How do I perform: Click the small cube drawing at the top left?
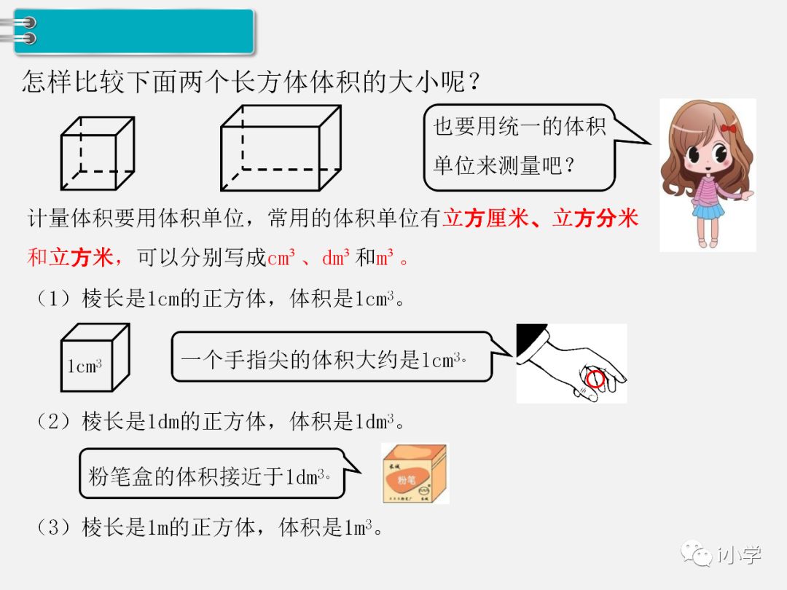click(x=97, y=154)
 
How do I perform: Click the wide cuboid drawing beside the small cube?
click(x=281, y=148)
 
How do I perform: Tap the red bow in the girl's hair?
click(x=728, y=129)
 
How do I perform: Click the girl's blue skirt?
click(x=708, y=211)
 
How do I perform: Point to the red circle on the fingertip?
click(x=595, y=379)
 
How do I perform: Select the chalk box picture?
click(x=415, y=473)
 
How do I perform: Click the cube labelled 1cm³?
click(x=95, y=358)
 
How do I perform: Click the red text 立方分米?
click(x=595, y=219)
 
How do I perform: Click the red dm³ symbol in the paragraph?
click(x=336, y=258)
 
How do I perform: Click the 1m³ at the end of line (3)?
click(x=358, y=527)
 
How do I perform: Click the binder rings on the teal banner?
click(x=26, y=31)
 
